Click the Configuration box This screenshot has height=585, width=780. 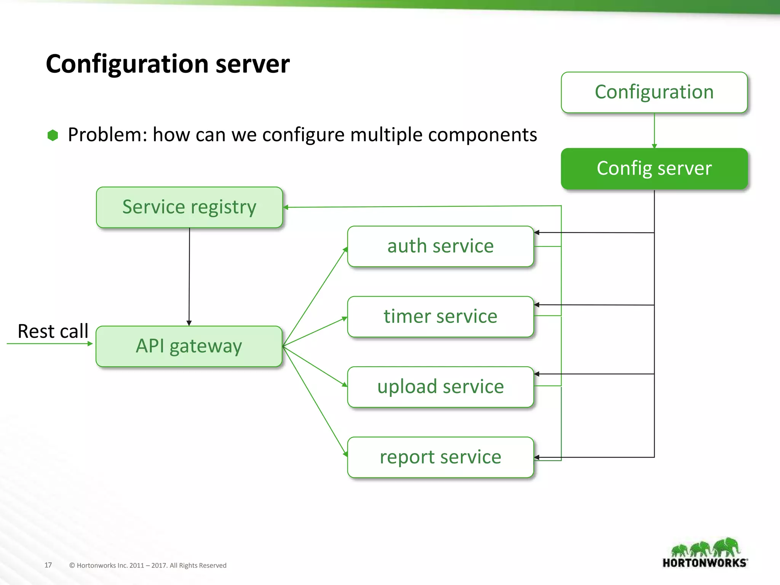click(x=654, y=92)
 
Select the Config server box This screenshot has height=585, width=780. click(x=654, y=168)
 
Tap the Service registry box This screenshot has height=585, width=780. click(x=189, y=207)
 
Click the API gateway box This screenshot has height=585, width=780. click(x=189, y=346)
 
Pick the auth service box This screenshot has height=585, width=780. click(x=440, y=246)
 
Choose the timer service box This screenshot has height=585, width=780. click(x=440, y=316)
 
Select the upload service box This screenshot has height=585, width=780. click(x=440, y=387)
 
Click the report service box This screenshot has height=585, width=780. click(x=440, y=457)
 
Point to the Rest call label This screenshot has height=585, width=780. click(x=53, y=331)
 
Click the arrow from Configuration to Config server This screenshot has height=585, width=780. click(x=654, y=130)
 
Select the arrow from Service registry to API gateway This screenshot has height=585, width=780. click(x=189, y=276)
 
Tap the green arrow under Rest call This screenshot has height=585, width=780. click(x=50, y=344)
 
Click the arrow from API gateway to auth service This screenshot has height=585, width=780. click(x=315, y=297)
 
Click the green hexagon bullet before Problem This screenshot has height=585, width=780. click(x=53, y=135)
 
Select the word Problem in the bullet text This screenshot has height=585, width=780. click(x=105, y=135)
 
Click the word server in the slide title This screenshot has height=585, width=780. click(x=252, y=64)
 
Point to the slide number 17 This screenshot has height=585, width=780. click(x=48, y=565)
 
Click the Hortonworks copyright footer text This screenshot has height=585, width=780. click(x=148, y=566)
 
